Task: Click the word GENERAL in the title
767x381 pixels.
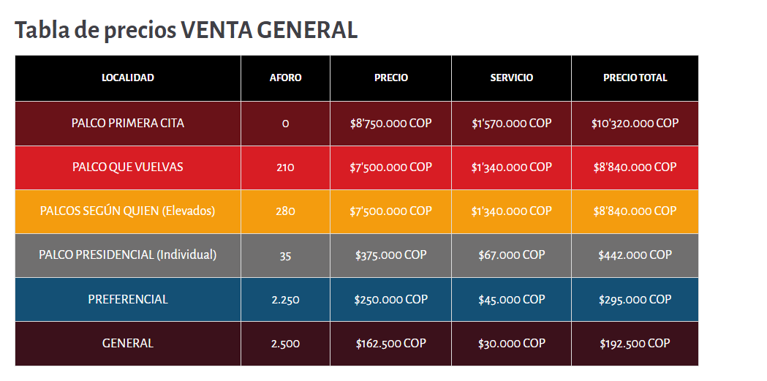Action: point(307,30)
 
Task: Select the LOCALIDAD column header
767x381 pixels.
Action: point(128,78)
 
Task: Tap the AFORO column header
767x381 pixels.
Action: point(286,78)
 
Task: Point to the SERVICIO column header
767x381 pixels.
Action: point(512,78)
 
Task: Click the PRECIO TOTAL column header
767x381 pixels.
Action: point(635,78)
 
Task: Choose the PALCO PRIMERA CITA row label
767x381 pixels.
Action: point(128,124)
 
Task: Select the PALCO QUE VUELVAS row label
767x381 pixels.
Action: point(128,167)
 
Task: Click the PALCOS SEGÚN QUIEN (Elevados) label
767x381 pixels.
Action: point(128,211)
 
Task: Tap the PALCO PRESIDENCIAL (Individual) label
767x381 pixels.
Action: point(128,254)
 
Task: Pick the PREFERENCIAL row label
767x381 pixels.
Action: point(128,299)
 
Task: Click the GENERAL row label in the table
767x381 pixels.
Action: point(128,344)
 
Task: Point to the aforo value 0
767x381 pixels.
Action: point(286,124)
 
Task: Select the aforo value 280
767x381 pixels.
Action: point(286,211)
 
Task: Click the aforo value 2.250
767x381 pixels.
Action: point(286,300)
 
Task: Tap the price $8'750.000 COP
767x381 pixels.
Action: point(391,124)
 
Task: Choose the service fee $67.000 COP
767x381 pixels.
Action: point(512,254)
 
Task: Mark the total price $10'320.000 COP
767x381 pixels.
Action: point(635,124)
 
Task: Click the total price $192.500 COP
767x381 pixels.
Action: point(635,344)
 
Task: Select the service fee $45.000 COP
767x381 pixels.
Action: point(512,299)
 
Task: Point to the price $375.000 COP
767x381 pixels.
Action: point(391,254)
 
